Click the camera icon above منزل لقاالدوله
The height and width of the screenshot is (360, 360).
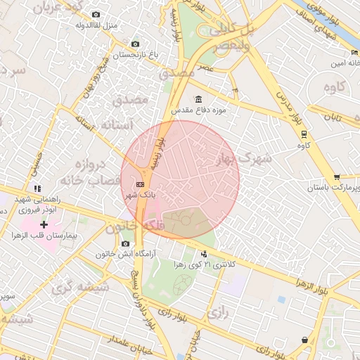(96, 14)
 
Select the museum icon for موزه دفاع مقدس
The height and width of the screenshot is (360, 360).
(198, 98)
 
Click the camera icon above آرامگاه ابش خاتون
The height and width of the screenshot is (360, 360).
(125, 243)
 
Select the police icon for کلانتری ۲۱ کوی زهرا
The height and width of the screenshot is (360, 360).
(204, 253)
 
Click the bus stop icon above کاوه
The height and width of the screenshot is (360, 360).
(304, 134)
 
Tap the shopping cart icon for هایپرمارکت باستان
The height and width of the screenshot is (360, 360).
(337, 177)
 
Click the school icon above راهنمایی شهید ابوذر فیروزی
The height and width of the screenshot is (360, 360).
(37, 188)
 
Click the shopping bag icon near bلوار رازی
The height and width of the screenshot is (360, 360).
(304, 340)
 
